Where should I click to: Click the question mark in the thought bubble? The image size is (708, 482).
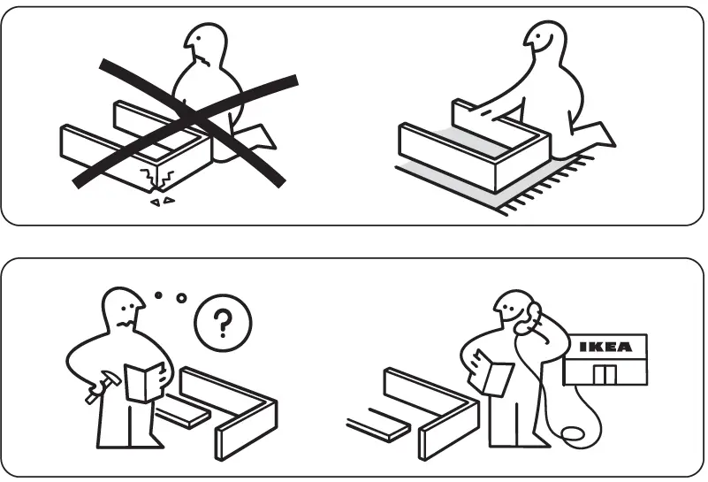click(x=222, y=325)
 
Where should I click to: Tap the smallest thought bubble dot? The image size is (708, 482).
click(x=160, y=295)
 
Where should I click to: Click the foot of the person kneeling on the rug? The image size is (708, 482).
click(x=602, y=135)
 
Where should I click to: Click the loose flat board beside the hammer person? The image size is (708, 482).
click(x=182, y=416)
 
